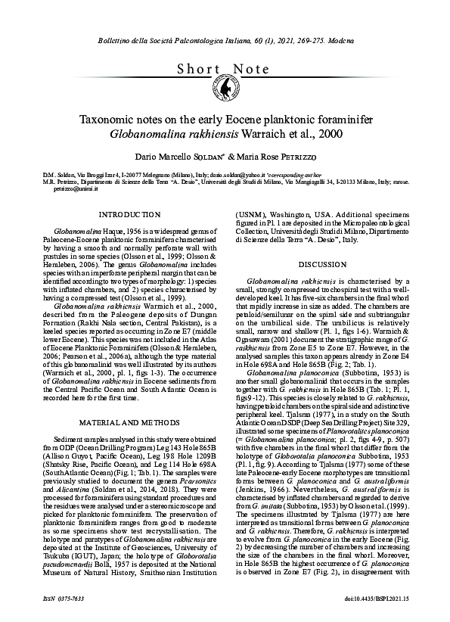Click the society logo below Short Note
pyautogui.click(x=225, y=90)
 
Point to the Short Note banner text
pyautogui.click(x=225, y=69)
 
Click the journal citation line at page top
pyautogui.click(x=225, y=37)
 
